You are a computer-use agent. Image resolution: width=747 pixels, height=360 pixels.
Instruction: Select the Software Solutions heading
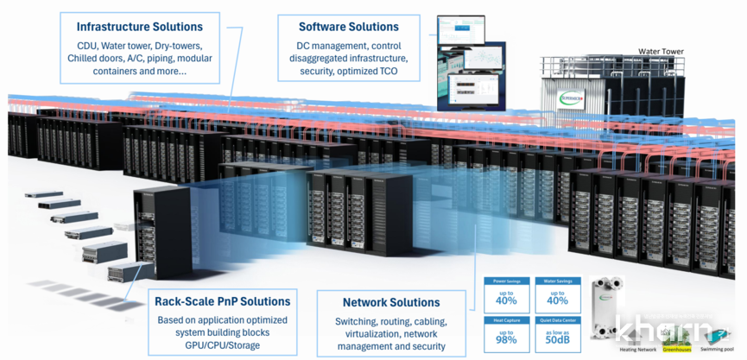pyautogui.click(x=349, y=27)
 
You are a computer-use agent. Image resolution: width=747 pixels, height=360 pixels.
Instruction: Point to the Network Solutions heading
pyautogui.click(x=391, y=302)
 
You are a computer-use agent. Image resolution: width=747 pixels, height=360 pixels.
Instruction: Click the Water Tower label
pyautogui.click(x=661, y=52)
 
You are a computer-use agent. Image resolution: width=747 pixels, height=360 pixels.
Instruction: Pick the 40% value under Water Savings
pyautogui.click(x=558, y=299)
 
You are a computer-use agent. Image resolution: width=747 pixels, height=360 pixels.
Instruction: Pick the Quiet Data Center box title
pyautogui.click(x=558, y=319)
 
